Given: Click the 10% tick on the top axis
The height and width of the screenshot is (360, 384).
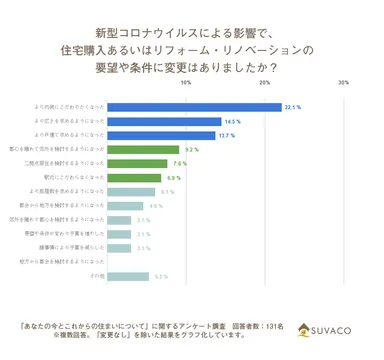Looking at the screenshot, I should [186, 83].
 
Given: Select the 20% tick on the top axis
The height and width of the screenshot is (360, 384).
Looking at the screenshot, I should [265, 83].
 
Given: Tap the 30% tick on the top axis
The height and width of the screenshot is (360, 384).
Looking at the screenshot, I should [344, 83].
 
